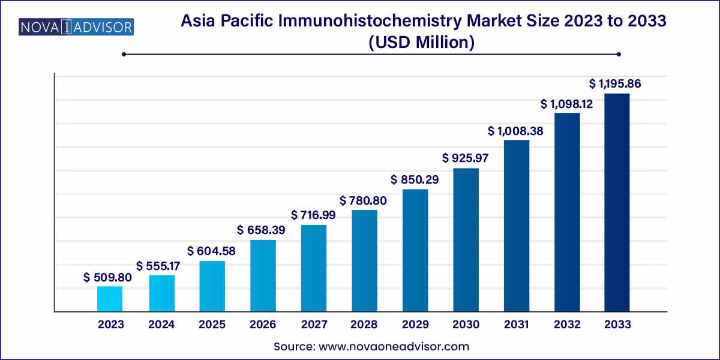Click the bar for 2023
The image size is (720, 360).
[x=110, y=299]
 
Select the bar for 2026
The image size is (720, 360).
[x=263, y=276]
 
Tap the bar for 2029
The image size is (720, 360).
[x=415, y=250]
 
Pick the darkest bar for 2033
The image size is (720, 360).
[x=617, y=202]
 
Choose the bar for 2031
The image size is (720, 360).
[x=517, y=226]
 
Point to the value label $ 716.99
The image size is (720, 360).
[x=313, y=215]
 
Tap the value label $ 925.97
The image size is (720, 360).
[x=466, y=158]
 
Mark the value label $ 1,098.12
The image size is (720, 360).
[x=567, y=104]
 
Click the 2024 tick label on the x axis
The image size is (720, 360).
[x=161, y=325]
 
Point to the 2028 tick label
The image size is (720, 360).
[x=364, y=325]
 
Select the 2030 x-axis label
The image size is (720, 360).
[x=466, y=325]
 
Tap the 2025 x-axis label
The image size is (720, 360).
[x=212, y=325]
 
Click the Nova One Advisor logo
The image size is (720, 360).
[x=76, y=27]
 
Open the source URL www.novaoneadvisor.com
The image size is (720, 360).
[x=394, y=346]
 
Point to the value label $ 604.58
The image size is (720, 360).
[x=212, y=251]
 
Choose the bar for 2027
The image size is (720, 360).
[x=313, y=268]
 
